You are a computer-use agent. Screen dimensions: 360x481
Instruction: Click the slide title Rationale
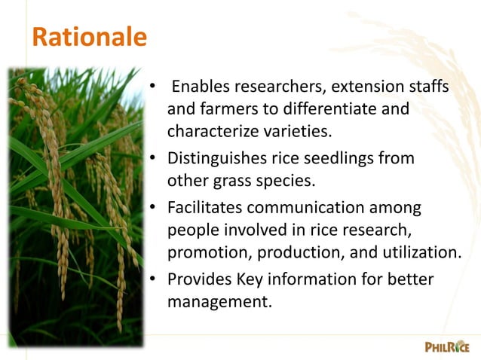[x=89, y=37]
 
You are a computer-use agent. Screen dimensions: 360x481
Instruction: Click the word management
[x=214, y=302]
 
